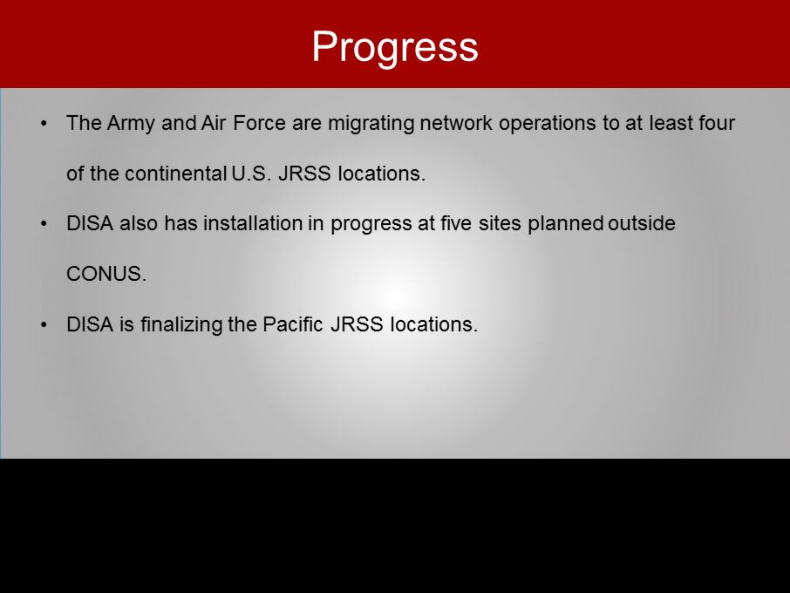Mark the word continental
176,174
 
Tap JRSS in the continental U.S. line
304,174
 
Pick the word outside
642,223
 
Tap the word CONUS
106,274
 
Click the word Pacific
293,324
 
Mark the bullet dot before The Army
44,124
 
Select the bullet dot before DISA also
44,224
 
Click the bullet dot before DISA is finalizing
44,325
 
